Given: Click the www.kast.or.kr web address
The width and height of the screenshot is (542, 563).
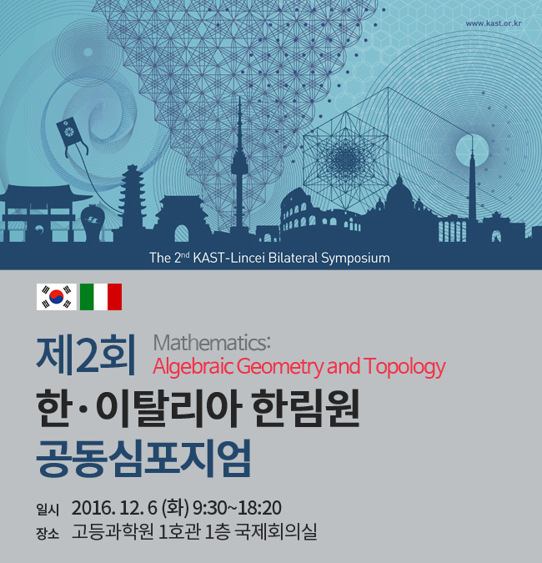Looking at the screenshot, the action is (493, 23).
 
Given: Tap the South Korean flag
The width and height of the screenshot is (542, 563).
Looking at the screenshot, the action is (57, 297).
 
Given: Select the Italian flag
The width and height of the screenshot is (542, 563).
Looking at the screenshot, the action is (101, 297).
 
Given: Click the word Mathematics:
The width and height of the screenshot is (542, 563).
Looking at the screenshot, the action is (212, 343).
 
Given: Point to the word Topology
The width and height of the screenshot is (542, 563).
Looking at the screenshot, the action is (404, 367).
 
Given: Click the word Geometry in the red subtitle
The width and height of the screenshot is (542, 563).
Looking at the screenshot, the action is (280, 367).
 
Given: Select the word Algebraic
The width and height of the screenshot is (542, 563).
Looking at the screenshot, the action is (193, 367).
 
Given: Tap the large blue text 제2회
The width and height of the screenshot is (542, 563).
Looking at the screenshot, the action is (86, 354).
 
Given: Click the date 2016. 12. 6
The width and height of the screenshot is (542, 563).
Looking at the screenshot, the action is (114, 508).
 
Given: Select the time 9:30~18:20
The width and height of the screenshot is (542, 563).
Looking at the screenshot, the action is (237, 508).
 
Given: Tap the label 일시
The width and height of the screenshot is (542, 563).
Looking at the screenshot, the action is (48, 510).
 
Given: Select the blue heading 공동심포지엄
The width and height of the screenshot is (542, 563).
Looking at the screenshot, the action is (143, 459).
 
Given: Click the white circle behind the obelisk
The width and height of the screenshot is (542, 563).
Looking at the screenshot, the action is (472, 150).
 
